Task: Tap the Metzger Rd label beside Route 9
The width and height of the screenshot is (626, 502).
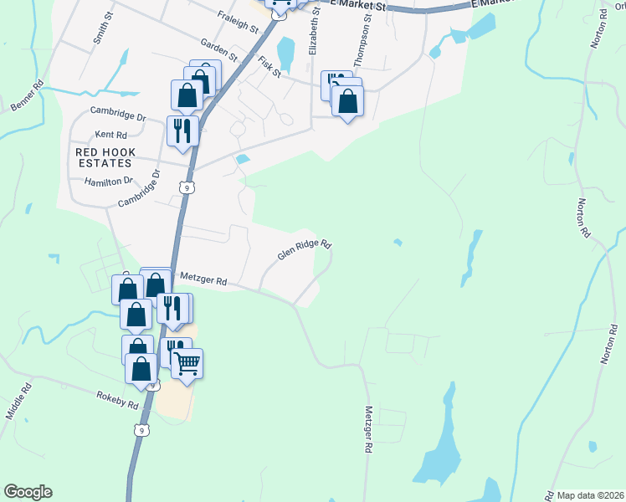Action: pyautogui.click(x=204, y=282)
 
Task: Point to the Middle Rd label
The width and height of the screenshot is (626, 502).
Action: pyautogui.click(x=24, y=400)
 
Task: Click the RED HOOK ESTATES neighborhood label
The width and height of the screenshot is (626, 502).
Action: pyautogui.click(x=104, y=158)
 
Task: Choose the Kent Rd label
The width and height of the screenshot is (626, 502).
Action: pyautogui.click(x=110, y=134)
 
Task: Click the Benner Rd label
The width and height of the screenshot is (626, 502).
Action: pyautogui.click(x=27, y=95)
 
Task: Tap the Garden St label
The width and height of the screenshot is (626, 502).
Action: pyautogui.click(x=218, y=50)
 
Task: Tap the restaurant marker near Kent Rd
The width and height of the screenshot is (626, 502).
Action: pyautogui.click(x=182, y=131)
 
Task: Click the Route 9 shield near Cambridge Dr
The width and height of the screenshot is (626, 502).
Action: pyautogui.click(x=187, y=188)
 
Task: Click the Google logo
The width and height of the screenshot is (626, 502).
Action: pyautogui.click(x=28, y=492)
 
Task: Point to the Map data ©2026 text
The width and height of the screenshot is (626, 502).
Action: pyautogui.click(x=590, y=495)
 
